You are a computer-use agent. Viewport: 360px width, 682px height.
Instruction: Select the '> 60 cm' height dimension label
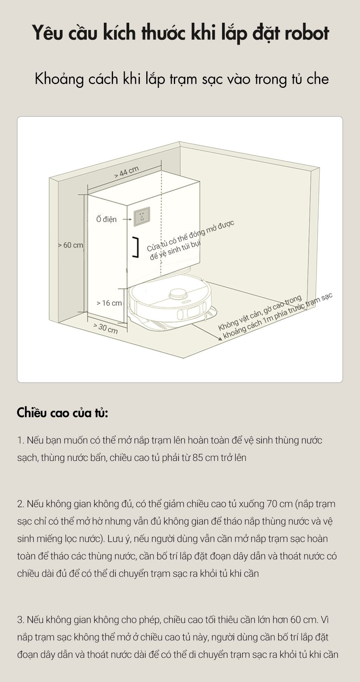(70, 245)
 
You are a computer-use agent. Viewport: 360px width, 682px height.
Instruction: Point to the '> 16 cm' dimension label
(109, 303)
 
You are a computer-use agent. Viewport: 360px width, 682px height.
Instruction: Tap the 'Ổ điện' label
(106, 219)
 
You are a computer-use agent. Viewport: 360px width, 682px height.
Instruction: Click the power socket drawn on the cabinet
(142, 217)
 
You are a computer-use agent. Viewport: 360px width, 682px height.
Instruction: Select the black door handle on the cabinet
(135, 248)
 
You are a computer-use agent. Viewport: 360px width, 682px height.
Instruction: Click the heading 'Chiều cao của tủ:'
(63, 412)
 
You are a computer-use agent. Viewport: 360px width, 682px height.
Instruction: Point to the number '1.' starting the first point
(20, 440)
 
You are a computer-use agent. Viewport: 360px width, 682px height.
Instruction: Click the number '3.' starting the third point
(21, 620)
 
